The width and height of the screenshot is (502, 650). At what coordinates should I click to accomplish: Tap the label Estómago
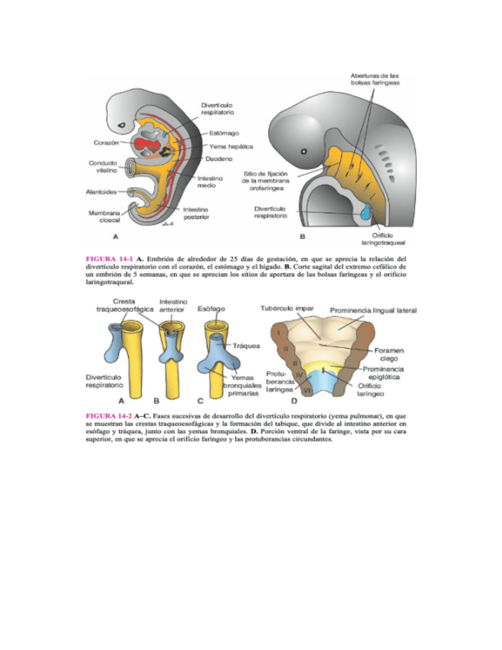(x=223, y=133)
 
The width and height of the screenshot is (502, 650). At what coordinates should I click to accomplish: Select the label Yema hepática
(x=231, y=146)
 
